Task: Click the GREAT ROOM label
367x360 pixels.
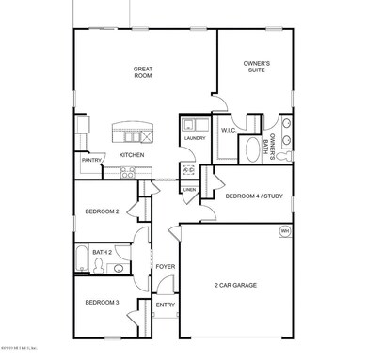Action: pos(143,72)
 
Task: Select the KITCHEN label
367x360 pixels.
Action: pos(131,154)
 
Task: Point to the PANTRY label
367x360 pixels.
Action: pos(91,161)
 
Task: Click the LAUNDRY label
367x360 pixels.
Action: pos(195,138)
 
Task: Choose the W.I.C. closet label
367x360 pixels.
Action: pos(228,131)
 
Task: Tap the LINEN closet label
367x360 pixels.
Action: pos(189,190)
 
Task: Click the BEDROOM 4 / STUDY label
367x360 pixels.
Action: pos(253,196)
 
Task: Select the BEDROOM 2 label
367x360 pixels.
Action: pos(102,211)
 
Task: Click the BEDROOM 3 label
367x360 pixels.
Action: pos(101,302)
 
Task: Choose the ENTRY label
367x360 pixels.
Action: pos(165,305)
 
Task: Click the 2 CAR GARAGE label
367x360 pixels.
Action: pos(237,285)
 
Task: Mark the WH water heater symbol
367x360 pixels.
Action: pos(283,230)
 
